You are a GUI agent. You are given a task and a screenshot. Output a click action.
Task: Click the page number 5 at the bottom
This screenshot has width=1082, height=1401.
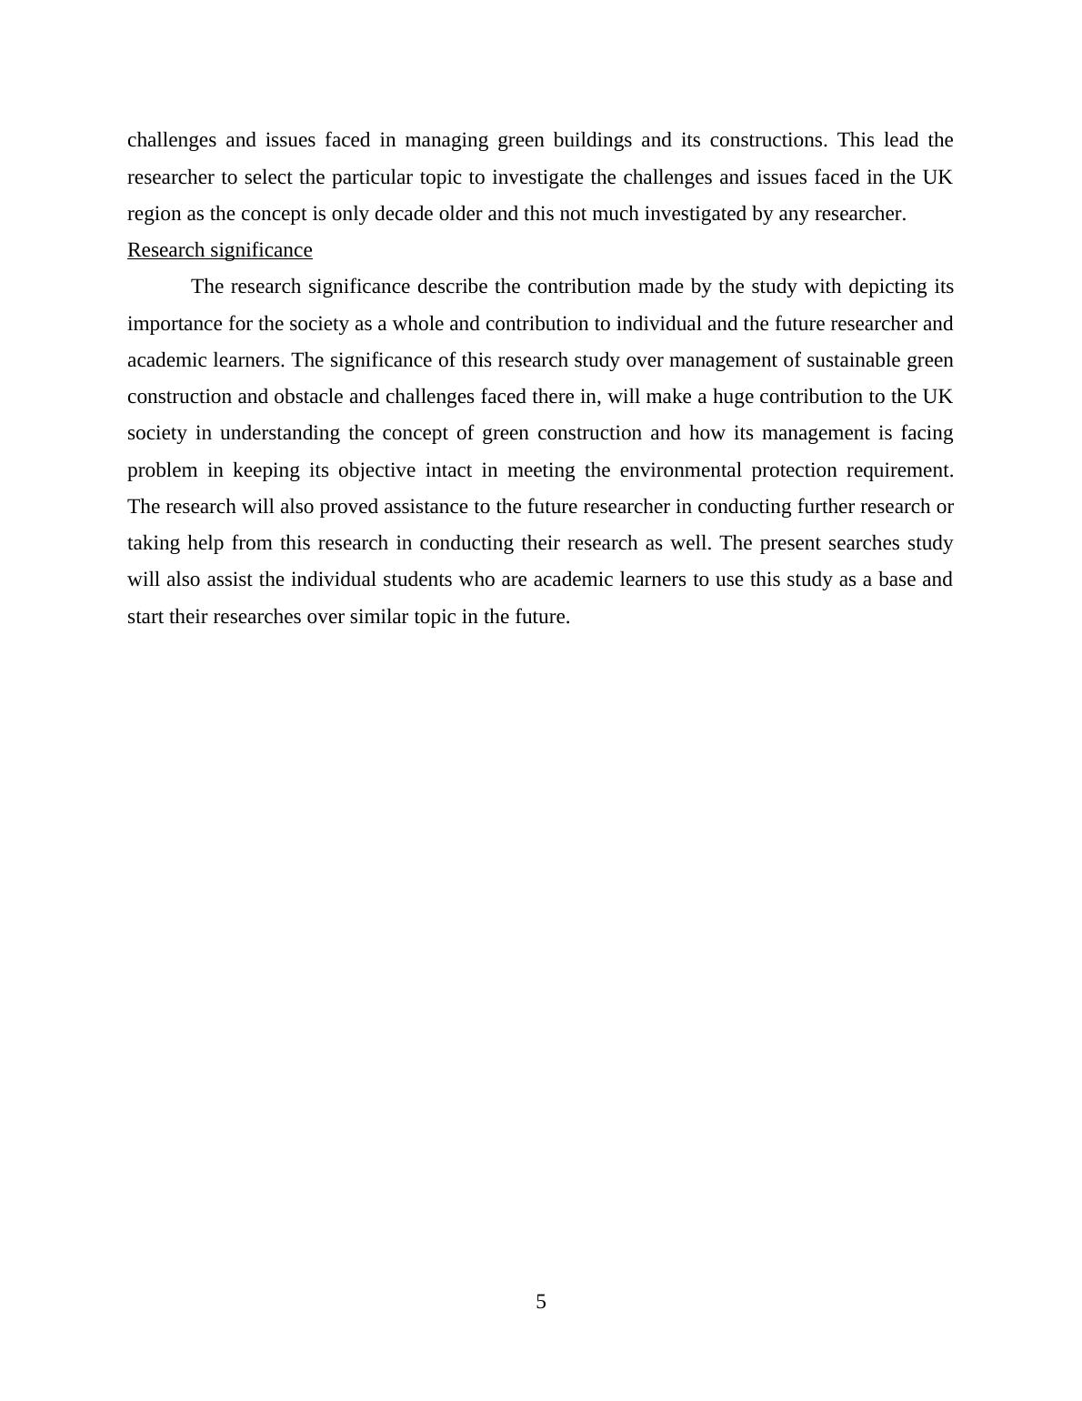(x=541, y=1302)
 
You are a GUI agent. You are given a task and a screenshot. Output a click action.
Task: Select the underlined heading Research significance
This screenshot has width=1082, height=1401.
(x=219, y=250)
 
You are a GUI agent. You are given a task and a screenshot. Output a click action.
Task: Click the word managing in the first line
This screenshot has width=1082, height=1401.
(x=446, y=140)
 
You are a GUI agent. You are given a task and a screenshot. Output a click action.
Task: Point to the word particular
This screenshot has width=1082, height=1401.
(x=372, y=177)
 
